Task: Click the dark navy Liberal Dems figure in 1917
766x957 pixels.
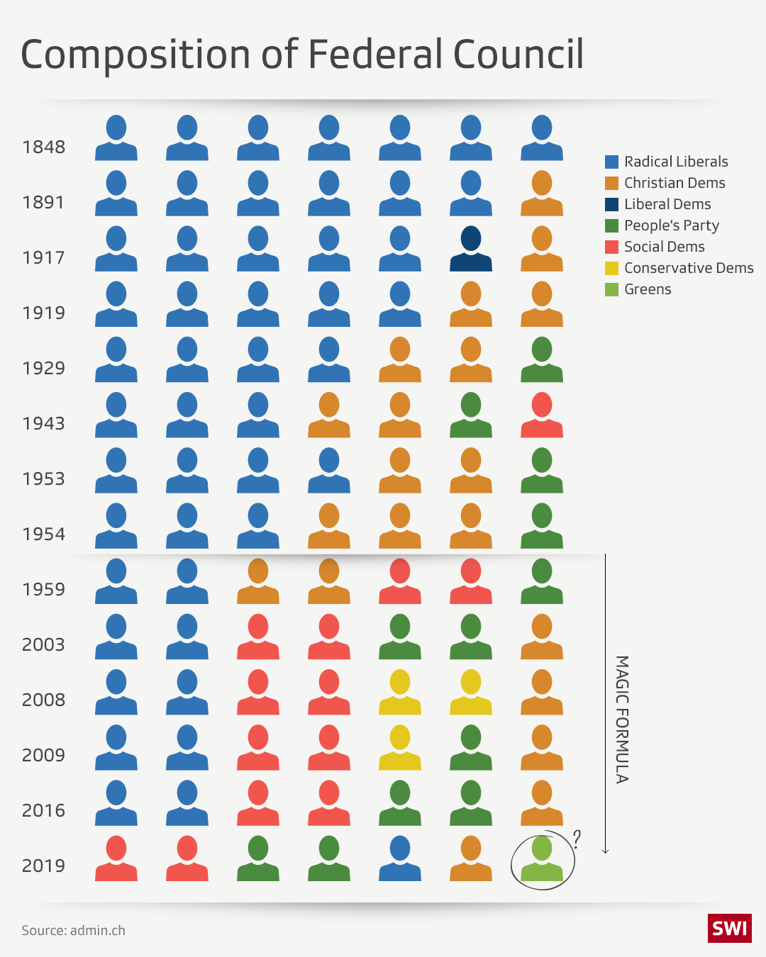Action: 471,249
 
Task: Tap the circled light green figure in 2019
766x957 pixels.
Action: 542,858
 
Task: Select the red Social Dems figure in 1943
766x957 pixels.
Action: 542,415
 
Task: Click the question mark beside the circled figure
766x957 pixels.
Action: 577,839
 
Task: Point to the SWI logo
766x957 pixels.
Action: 729,928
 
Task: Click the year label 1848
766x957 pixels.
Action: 43,147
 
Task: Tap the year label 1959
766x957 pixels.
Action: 43,590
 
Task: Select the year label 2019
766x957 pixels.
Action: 43,866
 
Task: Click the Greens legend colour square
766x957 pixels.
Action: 611,289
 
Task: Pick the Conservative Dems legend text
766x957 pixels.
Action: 689,268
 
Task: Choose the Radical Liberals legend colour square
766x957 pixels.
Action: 611,162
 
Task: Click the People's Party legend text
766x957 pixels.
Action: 672,225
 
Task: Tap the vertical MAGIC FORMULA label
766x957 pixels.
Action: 622,719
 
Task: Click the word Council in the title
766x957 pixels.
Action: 518,55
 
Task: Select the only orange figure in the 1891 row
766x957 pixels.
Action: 542,194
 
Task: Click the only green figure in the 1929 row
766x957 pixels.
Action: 542,359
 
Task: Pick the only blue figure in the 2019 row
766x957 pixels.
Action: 400,858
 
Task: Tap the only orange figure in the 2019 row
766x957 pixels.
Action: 471,858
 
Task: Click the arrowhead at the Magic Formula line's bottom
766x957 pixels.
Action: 605,851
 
